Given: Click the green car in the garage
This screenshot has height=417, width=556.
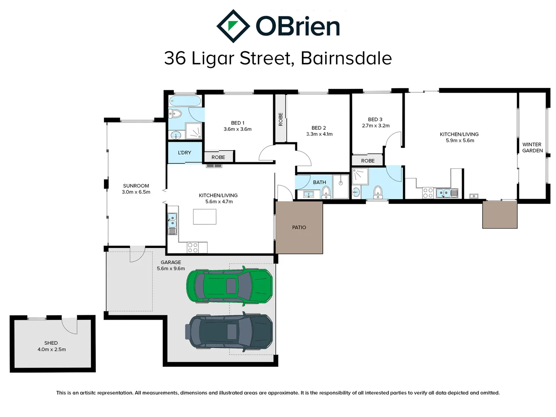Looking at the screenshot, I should point(229,286).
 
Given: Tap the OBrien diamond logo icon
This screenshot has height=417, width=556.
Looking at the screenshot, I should point(233,26).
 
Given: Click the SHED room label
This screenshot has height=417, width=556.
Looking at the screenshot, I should point(51,343).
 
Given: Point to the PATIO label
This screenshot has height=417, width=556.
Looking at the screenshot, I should point(299,227).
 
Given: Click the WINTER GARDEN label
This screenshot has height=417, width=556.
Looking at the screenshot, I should point(532,147).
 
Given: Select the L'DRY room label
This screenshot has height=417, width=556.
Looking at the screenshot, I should point(185,153).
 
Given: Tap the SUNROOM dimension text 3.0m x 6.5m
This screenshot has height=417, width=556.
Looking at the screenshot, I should point(136,192).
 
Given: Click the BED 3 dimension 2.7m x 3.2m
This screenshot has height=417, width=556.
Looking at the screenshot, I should point(376,125).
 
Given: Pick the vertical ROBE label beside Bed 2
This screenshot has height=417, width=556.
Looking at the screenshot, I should point(281,119).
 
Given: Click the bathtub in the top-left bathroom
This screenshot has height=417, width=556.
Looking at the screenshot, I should point(185,102).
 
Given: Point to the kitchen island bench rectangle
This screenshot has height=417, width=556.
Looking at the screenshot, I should point(205,217).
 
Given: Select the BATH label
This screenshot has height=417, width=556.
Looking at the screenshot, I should point(319,182).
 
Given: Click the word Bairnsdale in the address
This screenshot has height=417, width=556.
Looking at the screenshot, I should point(346,58).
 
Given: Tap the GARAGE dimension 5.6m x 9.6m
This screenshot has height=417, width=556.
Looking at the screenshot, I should point(171,268).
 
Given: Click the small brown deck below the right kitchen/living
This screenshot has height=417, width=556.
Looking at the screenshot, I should point(500,215).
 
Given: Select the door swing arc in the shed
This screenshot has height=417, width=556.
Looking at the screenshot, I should point(70,326).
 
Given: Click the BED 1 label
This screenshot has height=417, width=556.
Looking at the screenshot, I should point(237,123).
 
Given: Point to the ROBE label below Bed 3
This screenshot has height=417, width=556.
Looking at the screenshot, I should point(368,161).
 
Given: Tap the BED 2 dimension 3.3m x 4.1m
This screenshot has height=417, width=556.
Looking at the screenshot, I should point(319,134).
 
